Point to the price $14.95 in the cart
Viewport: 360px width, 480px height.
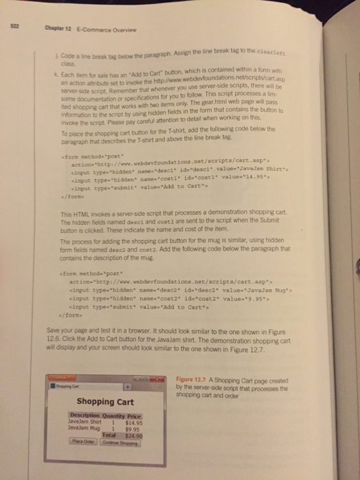click(x=135, y=422)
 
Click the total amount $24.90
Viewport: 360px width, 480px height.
click(x=136, y=435)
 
